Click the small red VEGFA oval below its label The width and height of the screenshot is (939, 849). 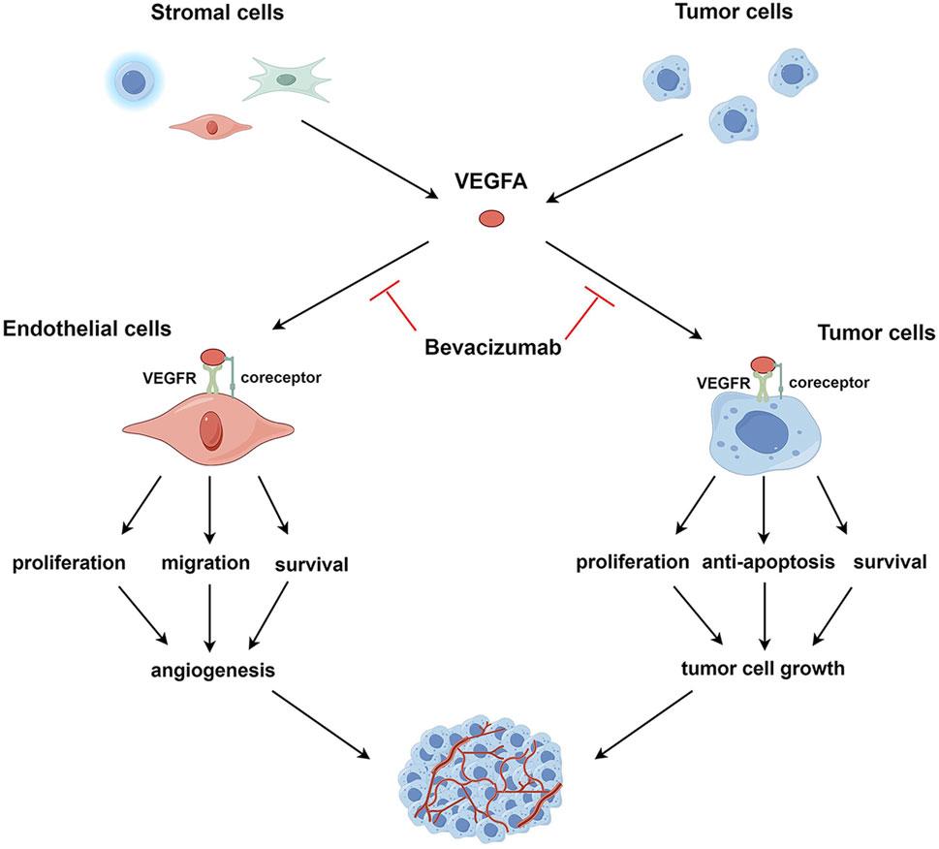(490, 220)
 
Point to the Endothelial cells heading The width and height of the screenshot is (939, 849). (87, 330)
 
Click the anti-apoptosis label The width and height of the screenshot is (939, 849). (766, 563)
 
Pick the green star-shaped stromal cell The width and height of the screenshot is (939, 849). (287, 79)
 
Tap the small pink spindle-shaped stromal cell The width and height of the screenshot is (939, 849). (211, 125)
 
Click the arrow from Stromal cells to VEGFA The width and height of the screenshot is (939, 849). (368, 160)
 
